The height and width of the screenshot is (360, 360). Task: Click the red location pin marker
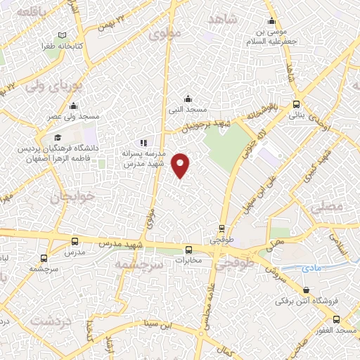[x=181, y=165]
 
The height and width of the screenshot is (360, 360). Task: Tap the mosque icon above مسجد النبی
[x=187, y=98]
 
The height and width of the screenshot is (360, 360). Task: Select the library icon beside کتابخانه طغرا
[x=63, y=35]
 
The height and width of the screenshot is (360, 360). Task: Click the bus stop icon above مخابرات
[x=188, y=250]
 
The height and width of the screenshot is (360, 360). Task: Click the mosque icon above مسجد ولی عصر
[x=73, y=107]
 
